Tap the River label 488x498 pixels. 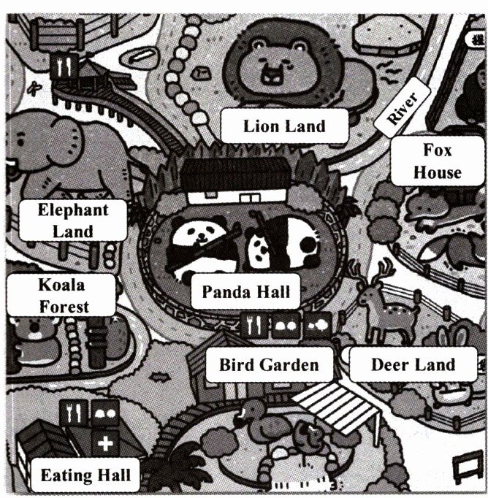(398, 108)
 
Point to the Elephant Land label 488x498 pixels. (73, 221)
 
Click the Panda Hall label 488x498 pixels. (245, 293)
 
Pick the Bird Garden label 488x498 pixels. (269, 364)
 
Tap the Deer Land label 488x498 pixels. (413, 364)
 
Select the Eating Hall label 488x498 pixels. (85, 476)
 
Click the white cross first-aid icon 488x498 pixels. (105, 443)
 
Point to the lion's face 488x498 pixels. (274, 62)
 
